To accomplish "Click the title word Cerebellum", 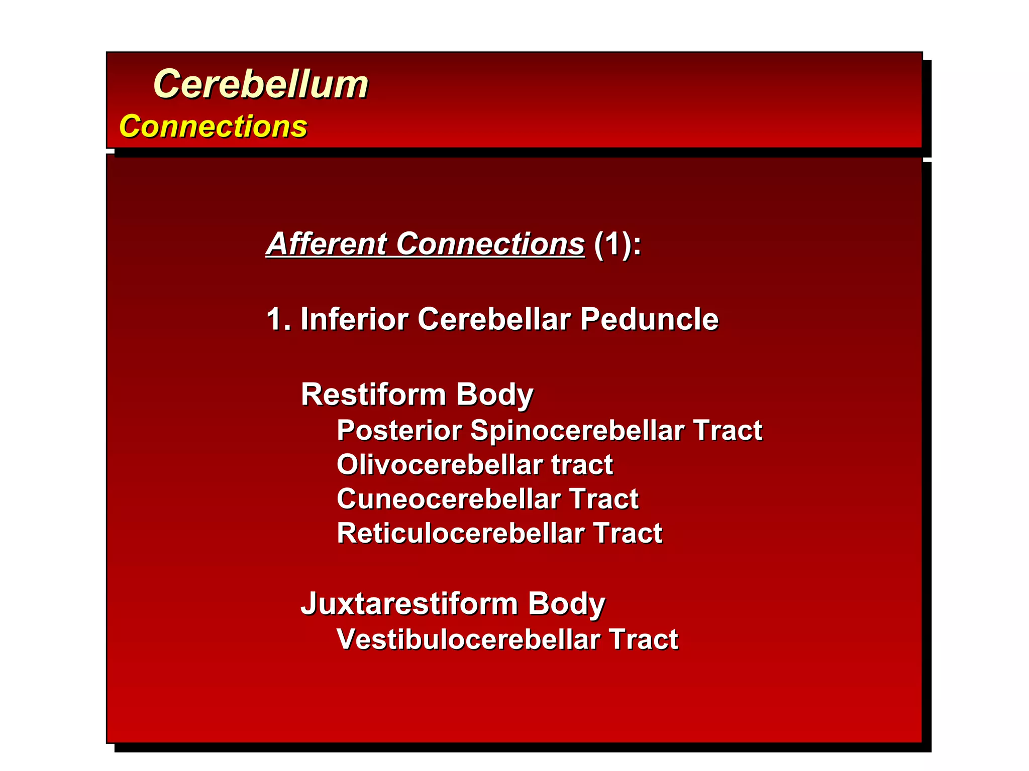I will click(260, 84).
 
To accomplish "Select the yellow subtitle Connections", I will click(213, 126).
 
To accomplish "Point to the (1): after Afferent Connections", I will click(617, 244).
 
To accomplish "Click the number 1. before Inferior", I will click(278, 319).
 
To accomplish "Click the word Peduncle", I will click(649, 319).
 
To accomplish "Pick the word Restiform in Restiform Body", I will click(373, 395).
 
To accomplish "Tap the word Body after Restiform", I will click(494, 395).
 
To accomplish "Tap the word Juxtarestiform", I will click(409, 603).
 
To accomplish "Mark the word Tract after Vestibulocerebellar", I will click(643, 639).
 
